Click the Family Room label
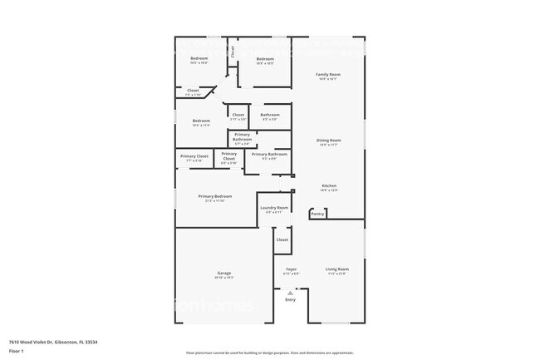329,75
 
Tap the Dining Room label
329,141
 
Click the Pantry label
317,214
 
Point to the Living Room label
336,269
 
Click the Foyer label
292,269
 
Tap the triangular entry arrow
290,293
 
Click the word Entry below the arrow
290,300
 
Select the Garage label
224,273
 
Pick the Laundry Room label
274,207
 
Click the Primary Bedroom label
215,196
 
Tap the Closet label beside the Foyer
282,239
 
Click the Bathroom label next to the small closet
270,115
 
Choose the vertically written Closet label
233,52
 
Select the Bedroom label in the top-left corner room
199,58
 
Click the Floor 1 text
17,350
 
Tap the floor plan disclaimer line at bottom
269,353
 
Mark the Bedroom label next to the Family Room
265,59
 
